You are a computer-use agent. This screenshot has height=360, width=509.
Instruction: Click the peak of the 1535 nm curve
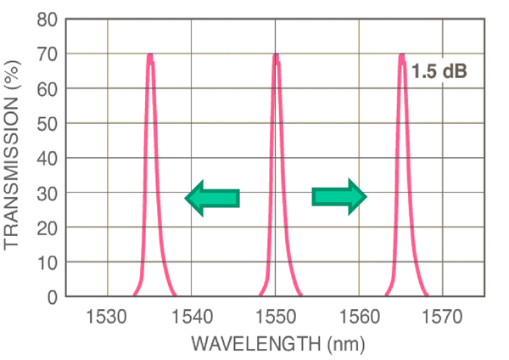tap(150, 56)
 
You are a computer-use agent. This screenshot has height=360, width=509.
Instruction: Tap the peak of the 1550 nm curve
tap(276, 56)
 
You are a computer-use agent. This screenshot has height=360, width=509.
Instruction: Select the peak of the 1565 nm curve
tap(401, 56)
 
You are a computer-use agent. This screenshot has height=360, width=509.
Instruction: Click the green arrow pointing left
tap(212, 198)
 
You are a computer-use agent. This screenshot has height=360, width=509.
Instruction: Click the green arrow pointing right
tap(339, 197)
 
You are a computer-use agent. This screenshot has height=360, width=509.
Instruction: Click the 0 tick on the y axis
tap(53, 297)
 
